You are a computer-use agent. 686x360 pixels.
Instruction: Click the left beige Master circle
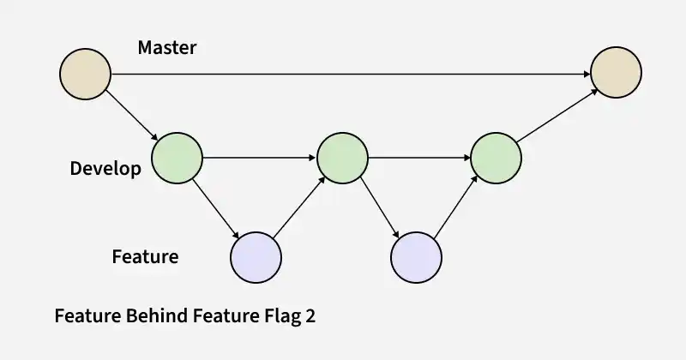click(x=85, y=74)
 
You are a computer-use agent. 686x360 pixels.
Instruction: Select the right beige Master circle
click(x=616, y=72)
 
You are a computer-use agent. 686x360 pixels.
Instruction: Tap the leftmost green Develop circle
click(x=178, y=158)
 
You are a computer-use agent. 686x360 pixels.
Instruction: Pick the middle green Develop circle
click(x=342, y=158)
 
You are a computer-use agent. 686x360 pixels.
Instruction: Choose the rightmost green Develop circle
click(x=496, y=158)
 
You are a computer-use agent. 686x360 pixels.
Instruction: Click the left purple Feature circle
click(x=256, y=257)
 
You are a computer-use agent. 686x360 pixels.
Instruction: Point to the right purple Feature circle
click(x=416, y=257)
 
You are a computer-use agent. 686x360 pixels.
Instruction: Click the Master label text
click(x=167, y=47)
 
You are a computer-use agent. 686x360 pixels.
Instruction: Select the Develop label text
click(x=105, y=169)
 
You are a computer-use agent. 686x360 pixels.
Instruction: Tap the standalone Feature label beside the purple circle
click(x=145, y=256)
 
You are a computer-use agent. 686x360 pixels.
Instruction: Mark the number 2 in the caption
click(x=310, y=315)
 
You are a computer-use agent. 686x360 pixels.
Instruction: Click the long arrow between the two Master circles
click(x=351, y=75)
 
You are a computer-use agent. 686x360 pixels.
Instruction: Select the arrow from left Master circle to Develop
click(x=132, y=116)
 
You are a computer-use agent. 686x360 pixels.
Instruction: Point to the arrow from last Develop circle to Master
click(x=557, y=116)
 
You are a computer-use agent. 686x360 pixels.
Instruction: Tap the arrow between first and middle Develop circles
click(x=260, y=158)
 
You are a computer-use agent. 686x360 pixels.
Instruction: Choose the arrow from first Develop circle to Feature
click(x=216, y=208)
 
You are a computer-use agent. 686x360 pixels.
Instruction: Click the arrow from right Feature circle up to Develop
click(x=456, y=207)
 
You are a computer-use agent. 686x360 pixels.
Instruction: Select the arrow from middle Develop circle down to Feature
click(x=380, y=208)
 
